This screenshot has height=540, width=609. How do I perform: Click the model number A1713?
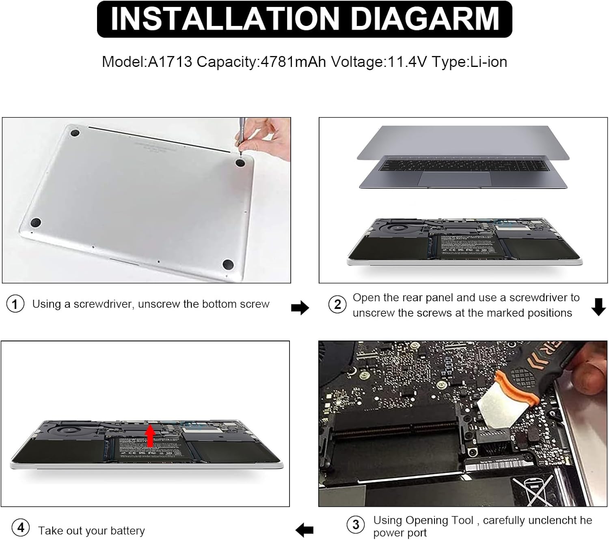click(170, 62)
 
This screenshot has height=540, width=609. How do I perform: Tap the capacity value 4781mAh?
click(293, 62)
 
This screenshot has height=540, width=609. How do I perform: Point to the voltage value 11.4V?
click(407, 62)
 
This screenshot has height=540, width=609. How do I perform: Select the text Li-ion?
click(488, 62)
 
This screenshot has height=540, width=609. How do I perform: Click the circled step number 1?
click(15, 304)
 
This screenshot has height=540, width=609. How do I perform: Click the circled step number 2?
click(337, 304)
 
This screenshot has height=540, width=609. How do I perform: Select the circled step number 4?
click(21, 528)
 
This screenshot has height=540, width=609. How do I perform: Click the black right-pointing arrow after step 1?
click(300, 308)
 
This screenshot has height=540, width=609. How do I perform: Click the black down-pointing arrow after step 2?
click(598, 307)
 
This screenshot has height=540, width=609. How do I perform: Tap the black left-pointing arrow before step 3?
click(304, 529)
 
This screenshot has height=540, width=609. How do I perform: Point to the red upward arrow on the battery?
click(150, 436)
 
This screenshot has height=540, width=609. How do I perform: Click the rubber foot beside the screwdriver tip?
click(240, 163)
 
